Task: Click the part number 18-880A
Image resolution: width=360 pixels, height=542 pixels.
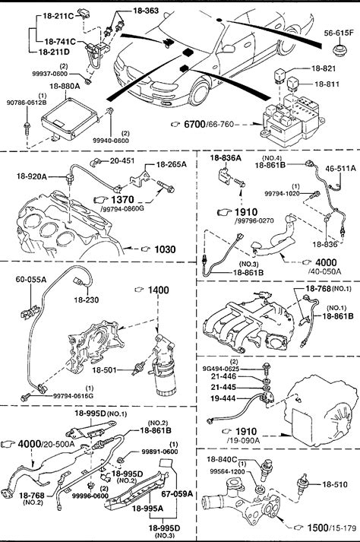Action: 65,86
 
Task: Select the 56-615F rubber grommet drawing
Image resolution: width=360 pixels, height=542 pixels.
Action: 339,50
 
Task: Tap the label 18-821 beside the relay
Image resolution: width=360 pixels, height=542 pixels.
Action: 324,68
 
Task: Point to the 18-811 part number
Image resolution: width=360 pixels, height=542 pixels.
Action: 327,84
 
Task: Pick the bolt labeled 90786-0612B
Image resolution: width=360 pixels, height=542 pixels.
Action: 27,128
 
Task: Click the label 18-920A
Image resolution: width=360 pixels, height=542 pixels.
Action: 31,176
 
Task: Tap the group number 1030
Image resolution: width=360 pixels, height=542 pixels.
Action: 165,249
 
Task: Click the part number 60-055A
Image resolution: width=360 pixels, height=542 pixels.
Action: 30,280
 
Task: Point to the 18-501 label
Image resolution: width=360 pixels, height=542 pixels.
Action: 104,370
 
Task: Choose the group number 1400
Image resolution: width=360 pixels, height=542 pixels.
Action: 159,290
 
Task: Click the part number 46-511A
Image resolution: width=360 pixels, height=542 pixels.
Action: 340,168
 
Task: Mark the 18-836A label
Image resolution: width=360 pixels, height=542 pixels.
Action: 226,158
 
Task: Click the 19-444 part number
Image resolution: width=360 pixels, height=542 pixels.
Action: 223,398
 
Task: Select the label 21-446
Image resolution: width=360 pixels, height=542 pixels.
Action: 223,376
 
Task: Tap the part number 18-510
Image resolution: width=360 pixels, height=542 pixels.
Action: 334,485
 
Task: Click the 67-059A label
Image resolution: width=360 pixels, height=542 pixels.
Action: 177,493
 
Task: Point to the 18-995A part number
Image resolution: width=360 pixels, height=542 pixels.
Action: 147,509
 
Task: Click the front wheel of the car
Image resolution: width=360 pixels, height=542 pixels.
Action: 199,92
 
